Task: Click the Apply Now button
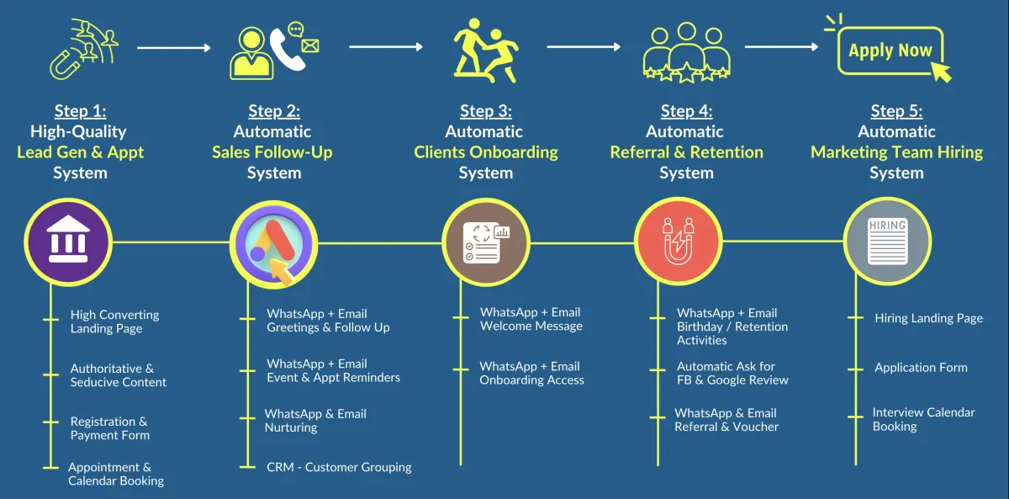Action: point(890,51)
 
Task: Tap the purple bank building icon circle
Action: point(67,242)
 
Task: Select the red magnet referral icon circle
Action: point(677,242)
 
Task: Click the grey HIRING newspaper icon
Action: point(887,242)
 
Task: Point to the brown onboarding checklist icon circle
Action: point(485,242)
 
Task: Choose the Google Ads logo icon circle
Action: point(272,242)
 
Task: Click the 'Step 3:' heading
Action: point(485,111)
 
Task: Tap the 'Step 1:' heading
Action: point(80,111)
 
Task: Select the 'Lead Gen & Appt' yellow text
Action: point(80,152)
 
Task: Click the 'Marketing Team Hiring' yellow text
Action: point(896,152)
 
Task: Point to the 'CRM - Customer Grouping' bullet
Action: point(339,467)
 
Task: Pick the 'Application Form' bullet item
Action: point(921,368)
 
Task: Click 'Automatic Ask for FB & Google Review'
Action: point(732,374)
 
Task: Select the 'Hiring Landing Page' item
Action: point(928,319)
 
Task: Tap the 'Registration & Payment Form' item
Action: point(109,428)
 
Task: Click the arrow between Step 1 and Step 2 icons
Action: point(173,48)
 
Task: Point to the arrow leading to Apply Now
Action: point(781,47)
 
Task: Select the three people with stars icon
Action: point(685,53)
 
